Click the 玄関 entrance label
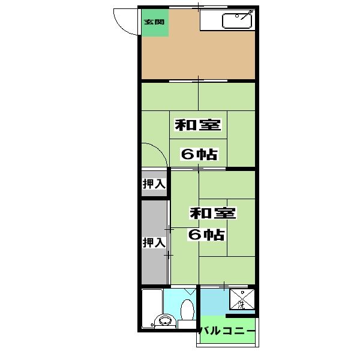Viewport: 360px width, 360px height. pos(154,23)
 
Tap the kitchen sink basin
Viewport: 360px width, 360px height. pos(238,22)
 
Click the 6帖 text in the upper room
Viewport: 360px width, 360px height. pos(199,154)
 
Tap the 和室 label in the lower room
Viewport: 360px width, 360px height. pos(212,212)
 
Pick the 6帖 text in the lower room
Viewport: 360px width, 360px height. pos(206,234)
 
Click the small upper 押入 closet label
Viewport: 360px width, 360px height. pos(154,184)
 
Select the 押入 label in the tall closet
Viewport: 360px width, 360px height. pos(154,243)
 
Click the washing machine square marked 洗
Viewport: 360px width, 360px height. pos(243,300)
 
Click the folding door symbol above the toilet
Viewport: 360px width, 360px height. pos(189,291)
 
